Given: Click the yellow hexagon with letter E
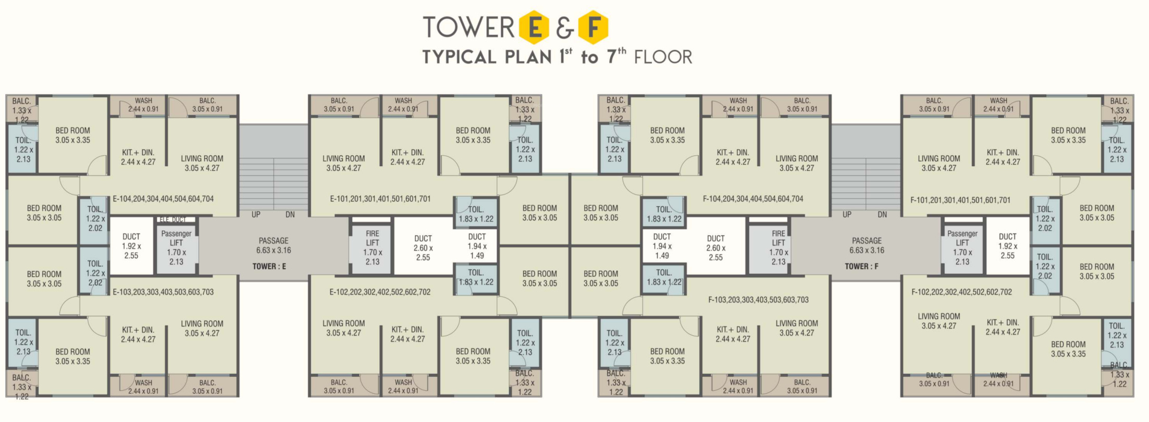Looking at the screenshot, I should pos(534,27).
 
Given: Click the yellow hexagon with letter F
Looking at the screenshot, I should pos(593,27).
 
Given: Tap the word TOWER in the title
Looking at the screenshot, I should pos(468,27).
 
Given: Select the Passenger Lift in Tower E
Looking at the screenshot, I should pos(176,247).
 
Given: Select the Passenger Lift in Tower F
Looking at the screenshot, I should pos(962,247).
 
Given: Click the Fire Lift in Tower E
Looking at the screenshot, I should pos(372,247).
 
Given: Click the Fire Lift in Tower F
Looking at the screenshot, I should pos(779,247).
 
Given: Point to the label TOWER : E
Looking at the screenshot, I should pos(269,267).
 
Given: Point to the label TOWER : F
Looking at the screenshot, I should pos(861,267).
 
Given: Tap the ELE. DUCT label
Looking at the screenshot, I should pos(172,220).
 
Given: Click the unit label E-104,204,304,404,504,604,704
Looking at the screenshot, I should pos(163,199).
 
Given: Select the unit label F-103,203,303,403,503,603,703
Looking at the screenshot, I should pos(758,300).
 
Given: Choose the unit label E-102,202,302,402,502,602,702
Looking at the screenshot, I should pos(380,292).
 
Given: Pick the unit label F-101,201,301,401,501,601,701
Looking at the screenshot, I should pos(960,200).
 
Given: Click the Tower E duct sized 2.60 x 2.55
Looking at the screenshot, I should pos(423,247).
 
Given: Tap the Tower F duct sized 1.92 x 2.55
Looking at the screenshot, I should pos(1007,246).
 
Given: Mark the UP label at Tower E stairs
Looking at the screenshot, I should pos(256,215).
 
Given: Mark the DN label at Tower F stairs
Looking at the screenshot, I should pos(882,215).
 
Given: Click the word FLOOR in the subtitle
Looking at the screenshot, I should pos(663,57).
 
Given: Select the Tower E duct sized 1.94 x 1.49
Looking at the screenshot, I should pos(477,246).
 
